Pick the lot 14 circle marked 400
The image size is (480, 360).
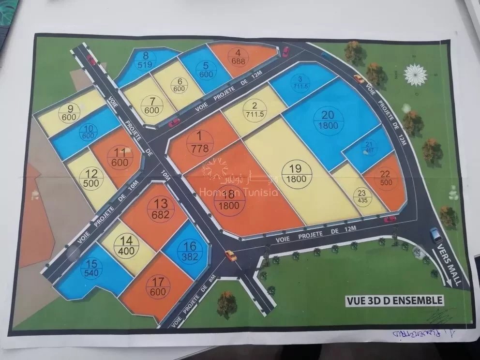coord(127,245)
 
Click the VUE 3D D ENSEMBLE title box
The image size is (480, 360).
coord(394,300)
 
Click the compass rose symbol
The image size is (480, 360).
coord(416,75)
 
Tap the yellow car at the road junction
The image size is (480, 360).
coord(231,255)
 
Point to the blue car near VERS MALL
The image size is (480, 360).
coord(436,235)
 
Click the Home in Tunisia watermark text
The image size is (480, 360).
coord(239,192)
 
